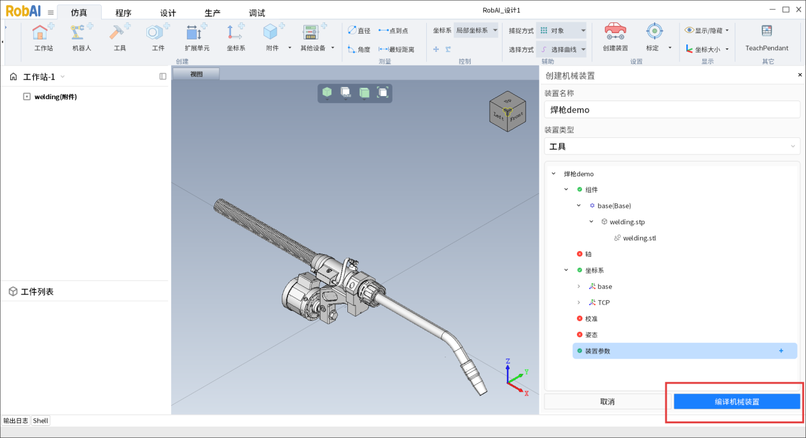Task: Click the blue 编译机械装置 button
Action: [x=737, y=402]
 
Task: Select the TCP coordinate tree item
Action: [x=604, y=303]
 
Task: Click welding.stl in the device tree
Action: [x=639, y=238]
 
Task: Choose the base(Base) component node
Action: [x=614, y=206]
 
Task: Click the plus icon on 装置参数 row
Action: [x=781, y=351]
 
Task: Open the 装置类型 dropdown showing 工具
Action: [x=672, y=146]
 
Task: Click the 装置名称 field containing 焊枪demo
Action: [x=672, y=110]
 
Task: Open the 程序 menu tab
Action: [x=123, y=13]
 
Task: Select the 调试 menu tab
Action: [x=257, y=13]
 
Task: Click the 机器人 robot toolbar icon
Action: [x=81, y=37]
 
